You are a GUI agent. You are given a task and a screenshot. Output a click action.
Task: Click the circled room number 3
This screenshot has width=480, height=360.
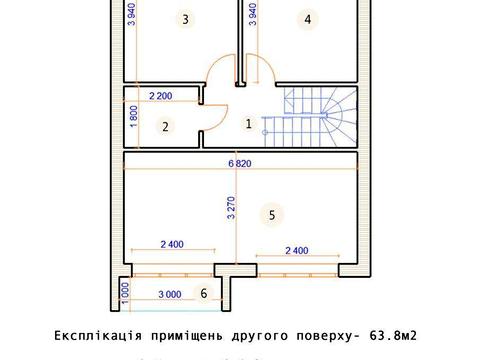(184, 19)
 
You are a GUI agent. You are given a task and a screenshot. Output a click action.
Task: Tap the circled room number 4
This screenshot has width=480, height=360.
(308, 19)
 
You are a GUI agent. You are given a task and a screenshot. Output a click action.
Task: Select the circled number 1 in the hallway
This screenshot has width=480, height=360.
(249, 124)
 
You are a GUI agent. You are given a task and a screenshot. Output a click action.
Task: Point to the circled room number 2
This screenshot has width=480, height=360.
(167, 126)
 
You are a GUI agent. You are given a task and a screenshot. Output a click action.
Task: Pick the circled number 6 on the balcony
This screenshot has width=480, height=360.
(204, 293)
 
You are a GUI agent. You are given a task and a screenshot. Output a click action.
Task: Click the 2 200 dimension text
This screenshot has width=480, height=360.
(162, 96)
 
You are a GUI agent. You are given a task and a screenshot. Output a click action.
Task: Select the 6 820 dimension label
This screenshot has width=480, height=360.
(241, 162)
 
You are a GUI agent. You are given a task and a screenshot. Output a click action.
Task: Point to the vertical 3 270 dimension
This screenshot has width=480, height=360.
(232, 208)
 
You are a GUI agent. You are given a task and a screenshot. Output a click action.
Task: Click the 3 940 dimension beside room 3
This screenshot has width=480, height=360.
(132, 17)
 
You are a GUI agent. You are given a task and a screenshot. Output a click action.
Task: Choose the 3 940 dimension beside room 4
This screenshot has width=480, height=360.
(254, 17)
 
